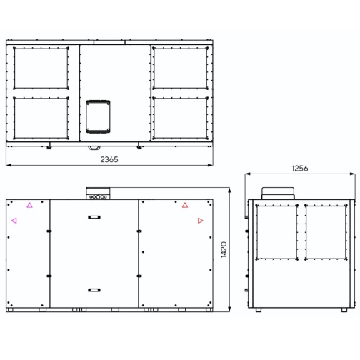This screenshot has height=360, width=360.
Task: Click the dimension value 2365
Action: click(x=109, y=159)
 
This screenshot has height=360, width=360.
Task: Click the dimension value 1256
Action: click(x=300, y=169)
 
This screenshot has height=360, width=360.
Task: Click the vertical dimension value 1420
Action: click(x=224, y=249)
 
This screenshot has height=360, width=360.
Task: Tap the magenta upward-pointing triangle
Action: click(x=29, y=205)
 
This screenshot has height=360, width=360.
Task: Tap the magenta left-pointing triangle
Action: click(x=14, y=221)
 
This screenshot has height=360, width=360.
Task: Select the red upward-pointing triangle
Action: click(x=185, y=205)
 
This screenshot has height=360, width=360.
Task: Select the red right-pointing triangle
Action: click(x=201, y=221)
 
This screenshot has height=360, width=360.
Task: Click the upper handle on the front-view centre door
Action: click(x=94, y=217)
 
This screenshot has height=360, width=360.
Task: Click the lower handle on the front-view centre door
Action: click(x=94, y=290)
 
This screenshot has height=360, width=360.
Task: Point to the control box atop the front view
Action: click(x=98, y=194)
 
